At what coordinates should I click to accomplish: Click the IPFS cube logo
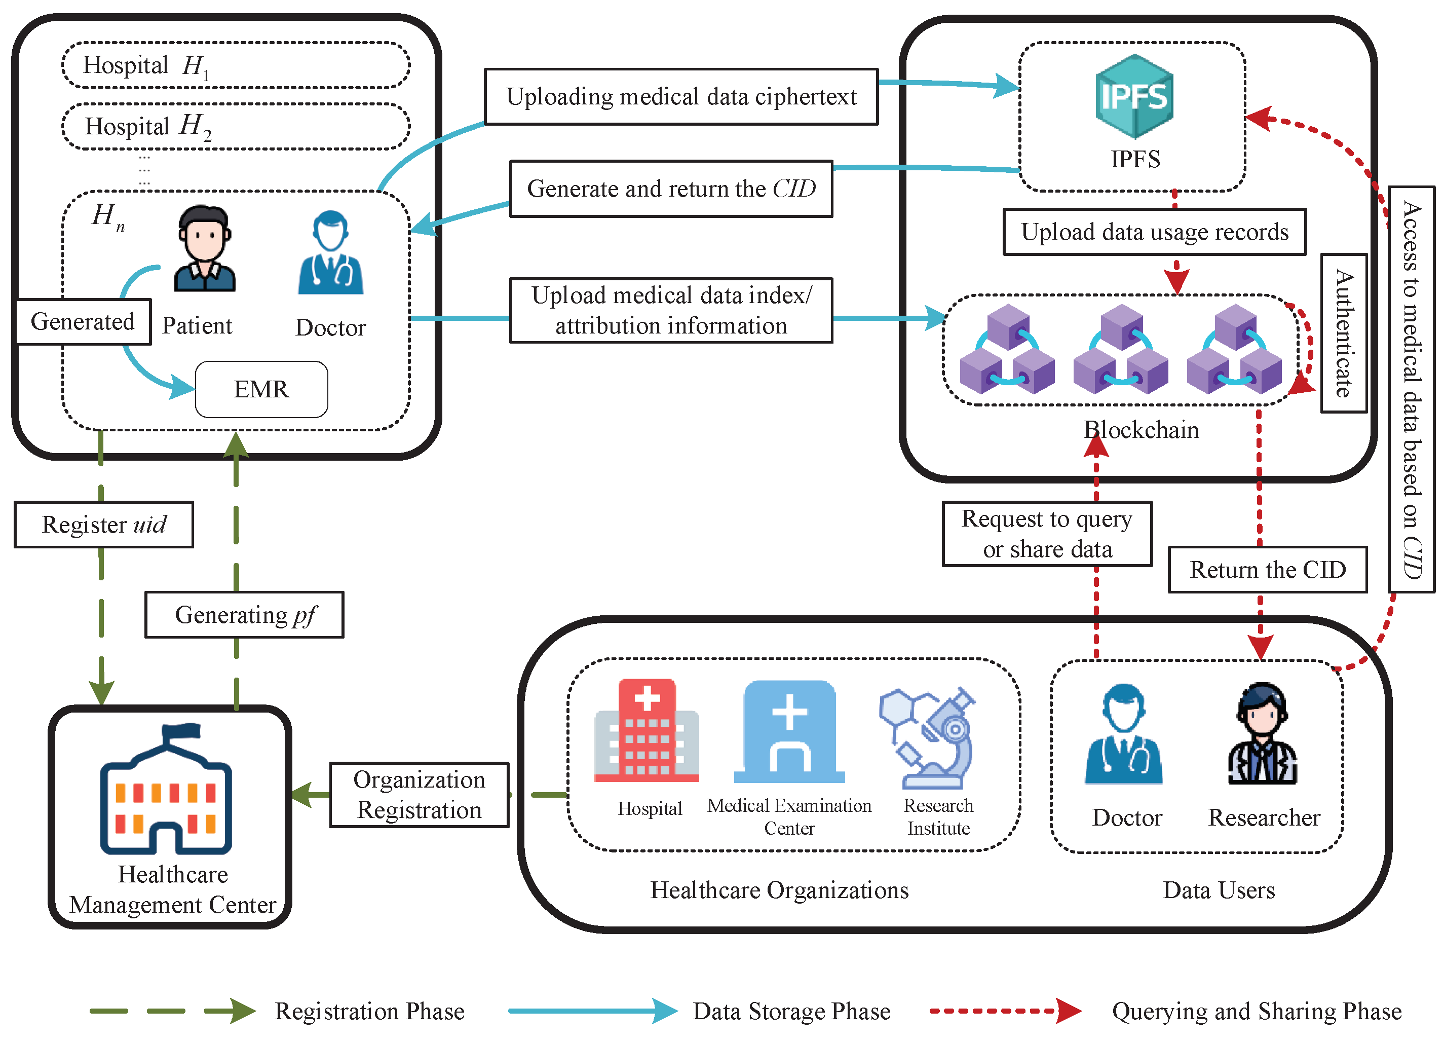point(1134,97)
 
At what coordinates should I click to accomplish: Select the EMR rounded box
point(261,389)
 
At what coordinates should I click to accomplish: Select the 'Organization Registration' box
point(419,794)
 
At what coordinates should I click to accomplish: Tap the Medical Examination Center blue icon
point(789,732)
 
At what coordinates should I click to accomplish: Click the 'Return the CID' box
point(1267,570)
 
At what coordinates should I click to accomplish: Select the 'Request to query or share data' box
point(1047,534)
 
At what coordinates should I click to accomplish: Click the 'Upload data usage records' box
point(1154,232)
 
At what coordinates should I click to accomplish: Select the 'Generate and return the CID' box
point(670,189)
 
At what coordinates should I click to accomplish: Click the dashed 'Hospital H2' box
point(236,126)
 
